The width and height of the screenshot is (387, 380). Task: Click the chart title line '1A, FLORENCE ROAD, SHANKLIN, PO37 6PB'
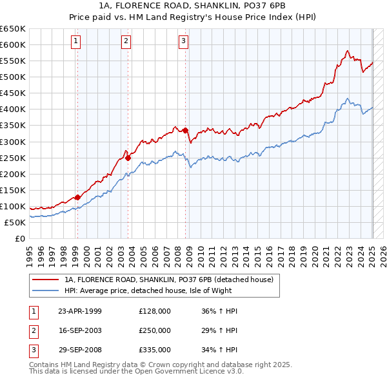tap(193, 6)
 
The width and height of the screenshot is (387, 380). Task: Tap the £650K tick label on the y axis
tap(13, 29)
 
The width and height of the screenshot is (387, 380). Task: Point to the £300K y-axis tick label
tap(13, 142)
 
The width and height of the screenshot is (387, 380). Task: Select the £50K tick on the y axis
tap(15, 222)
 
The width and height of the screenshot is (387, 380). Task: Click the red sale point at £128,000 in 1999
tap(77, 197)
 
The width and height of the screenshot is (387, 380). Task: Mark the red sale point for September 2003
tap(128, 157)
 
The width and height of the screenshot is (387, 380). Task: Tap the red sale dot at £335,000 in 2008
tap(185, 130)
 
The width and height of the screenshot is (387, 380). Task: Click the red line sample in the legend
tap(45, 280)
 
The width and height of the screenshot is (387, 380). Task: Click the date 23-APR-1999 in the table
tap(80, 311)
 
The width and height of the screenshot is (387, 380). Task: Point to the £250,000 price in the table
tap(155, 330)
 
